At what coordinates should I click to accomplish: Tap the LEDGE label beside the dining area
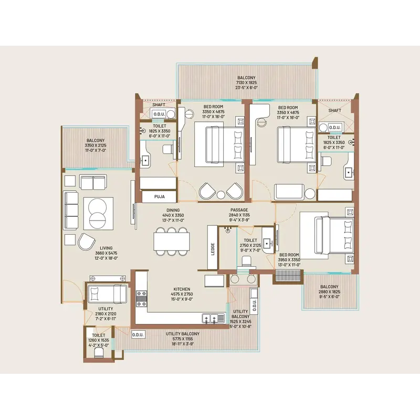(x=213, y=248)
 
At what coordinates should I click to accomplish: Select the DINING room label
(x=173, y=210)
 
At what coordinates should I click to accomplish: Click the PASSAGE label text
(x=239, y=210)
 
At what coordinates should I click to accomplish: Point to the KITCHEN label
(x=182, y=289)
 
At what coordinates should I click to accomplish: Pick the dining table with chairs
(x=173, y=242)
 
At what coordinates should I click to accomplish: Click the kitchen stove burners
(x=142, y=300)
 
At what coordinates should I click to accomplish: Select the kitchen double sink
(x=213, y=318)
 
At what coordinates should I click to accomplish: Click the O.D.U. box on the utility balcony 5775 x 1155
(x=138, y=334)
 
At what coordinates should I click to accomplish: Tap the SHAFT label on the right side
(x=334, y=111)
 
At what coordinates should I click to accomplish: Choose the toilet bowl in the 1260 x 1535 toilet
(x=98, y=353)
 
